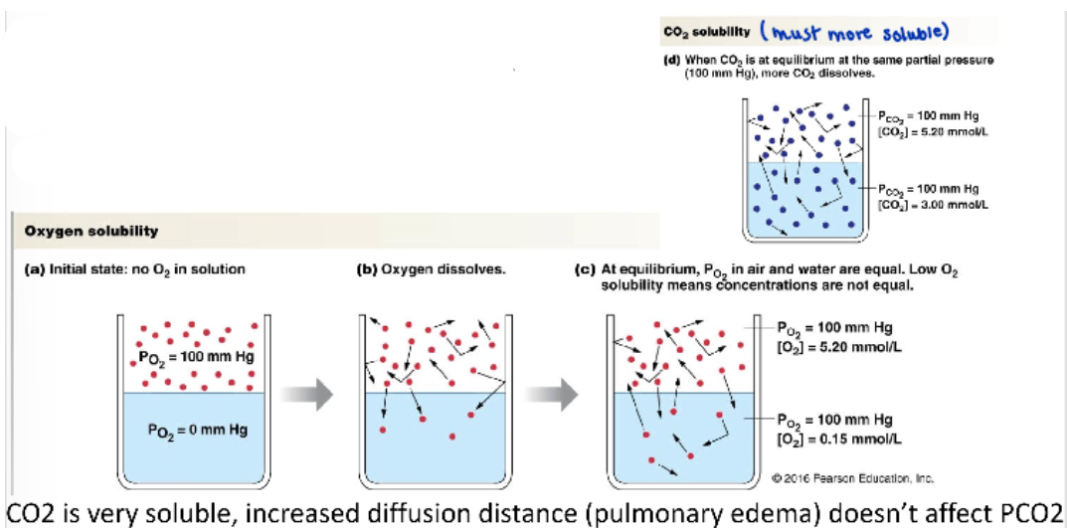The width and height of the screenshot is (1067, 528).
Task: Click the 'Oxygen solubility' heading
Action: tap(91, 232)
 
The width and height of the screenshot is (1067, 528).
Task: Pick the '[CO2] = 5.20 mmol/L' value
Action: tap(924, 131)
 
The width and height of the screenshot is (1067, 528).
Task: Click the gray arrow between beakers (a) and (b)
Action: tap(311, 395)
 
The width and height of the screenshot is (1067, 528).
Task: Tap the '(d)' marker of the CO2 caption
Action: tap(670, 62)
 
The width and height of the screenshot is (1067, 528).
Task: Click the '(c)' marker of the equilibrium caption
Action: tap(587, 268)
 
